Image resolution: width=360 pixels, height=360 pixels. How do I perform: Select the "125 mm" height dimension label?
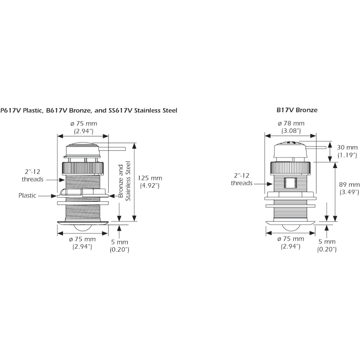click(x=150, y=178)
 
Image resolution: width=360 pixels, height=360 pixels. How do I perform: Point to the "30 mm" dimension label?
click(x=347, y=147)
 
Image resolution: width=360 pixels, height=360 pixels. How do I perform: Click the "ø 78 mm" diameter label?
click(x=291, y=123)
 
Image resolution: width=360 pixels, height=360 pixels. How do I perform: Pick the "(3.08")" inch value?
click(x=291, y=131)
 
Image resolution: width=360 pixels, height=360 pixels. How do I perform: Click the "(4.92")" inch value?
click(x=150, y=185)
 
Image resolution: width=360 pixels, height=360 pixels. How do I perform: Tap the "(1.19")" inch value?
click(x=347, y=155)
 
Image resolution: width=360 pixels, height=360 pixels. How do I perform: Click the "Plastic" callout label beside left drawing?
click(x=27, y=196)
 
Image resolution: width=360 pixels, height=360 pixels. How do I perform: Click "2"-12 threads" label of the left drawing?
click(x=32, y=175)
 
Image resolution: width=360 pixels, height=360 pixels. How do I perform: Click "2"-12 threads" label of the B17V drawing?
click(x=242, y=179)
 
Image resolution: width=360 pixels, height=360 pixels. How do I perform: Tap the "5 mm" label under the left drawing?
click(x=119, y=242)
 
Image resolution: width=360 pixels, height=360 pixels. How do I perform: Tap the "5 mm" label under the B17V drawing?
click(x=327, y=242)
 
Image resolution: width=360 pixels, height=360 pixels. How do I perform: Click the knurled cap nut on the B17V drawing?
click(x=291, y=168)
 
